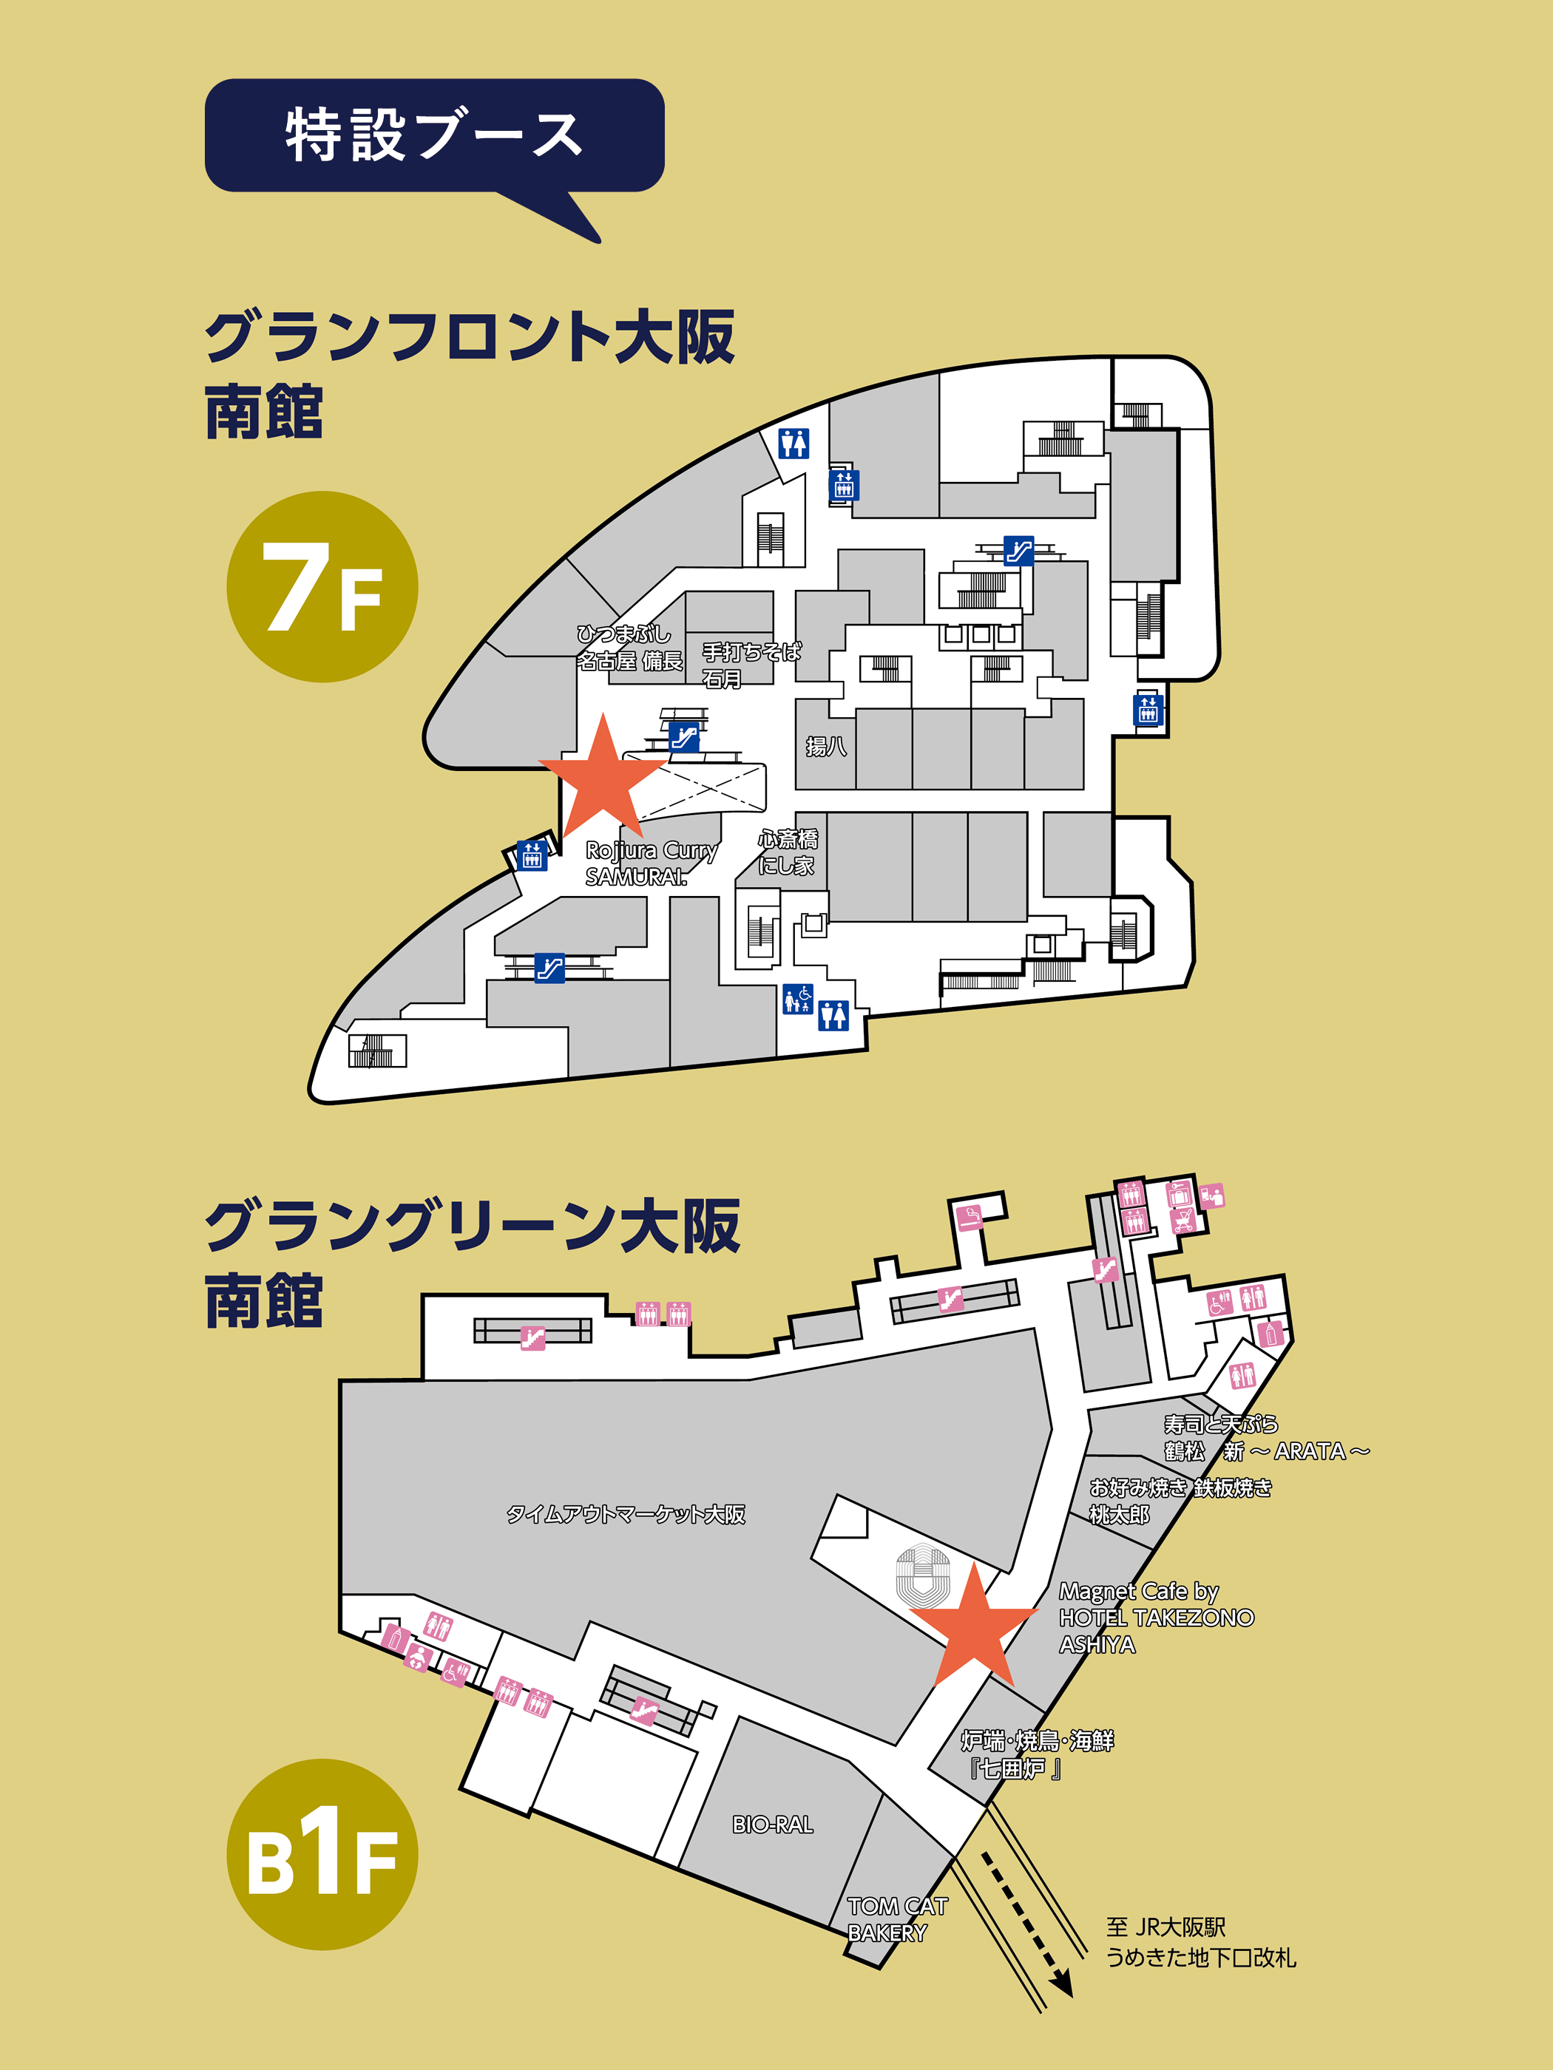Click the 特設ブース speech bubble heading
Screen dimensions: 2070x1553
433,136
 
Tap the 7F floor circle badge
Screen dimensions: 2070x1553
322,587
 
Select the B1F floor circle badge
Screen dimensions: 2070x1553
322,1854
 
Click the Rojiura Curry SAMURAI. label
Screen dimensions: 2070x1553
651,863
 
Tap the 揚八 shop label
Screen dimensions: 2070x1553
825,746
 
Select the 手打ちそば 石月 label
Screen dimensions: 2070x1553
751,665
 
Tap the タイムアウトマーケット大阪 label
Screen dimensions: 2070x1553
626,1513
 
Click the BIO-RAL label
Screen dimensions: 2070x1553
772,1824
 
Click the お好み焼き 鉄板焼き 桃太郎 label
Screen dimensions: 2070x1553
1180,1500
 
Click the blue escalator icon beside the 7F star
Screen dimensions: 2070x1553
684,737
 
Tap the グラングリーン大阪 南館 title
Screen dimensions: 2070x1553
472,1263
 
